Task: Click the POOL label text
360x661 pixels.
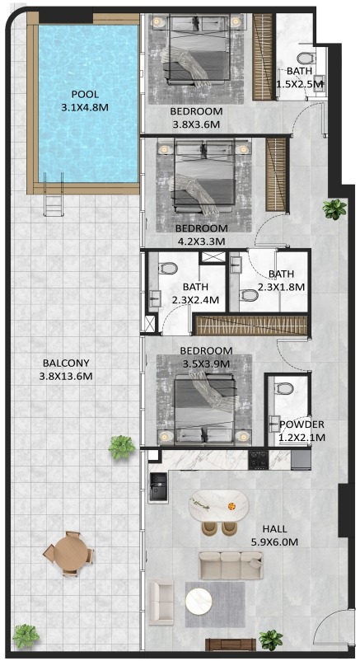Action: pyautogui.click(x=85, y=95)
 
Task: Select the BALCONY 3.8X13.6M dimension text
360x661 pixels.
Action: pyautogui.click(x=66, y=370)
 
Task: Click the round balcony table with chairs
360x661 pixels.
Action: pyautogui.click(x=68, y=554)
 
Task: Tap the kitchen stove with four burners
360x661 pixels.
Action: pyautogui.click(x=258, y=460)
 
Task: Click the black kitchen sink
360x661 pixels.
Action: pyautogui.click(x=158, y=487)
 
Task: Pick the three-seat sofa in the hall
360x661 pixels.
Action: pyautogui.click(x=231, y=565)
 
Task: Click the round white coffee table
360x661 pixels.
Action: pyautogui.click(x=199, y=601)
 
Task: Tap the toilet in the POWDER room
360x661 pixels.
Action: pyautogui.click(x=283, y=388)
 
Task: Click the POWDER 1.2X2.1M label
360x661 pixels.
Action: pyautogui.click(x=302, y=431)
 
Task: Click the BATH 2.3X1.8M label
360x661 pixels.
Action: pyautogui.click(x=281, y=280)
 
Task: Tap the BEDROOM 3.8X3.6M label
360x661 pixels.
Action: pyautogui.click(x=196, y=118)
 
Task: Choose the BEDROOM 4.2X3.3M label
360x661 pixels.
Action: pyautogui.click(x=202, y=235)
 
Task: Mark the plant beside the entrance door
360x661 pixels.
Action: pyautogui.click(x=271, y=640)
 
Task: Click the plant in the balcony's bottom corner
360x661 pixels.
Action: pyautogui.click(x=26, y=636)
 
